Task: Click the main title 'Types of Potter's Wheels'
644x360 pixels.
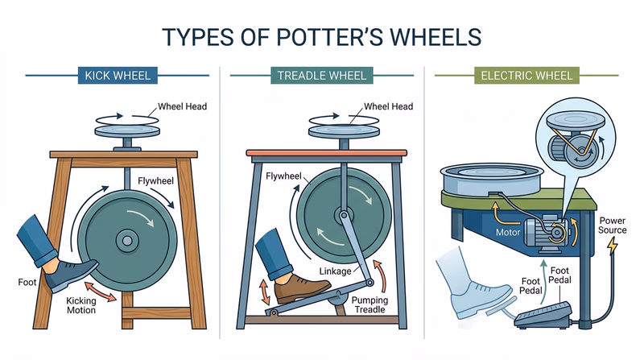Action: coord(322,38)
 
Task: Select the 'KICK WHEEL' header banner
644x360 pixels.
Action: coord(118,77)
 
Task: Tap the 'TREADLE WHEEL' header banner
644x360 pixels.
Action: coord(322,77)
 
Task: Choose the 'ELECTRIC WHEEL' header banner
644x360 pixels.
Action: coord(527,77)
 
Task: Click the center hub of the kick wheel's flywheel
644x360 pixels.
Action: coord(126,238)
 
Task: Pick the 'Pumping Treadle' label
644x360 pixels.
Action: coord(373,304)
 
